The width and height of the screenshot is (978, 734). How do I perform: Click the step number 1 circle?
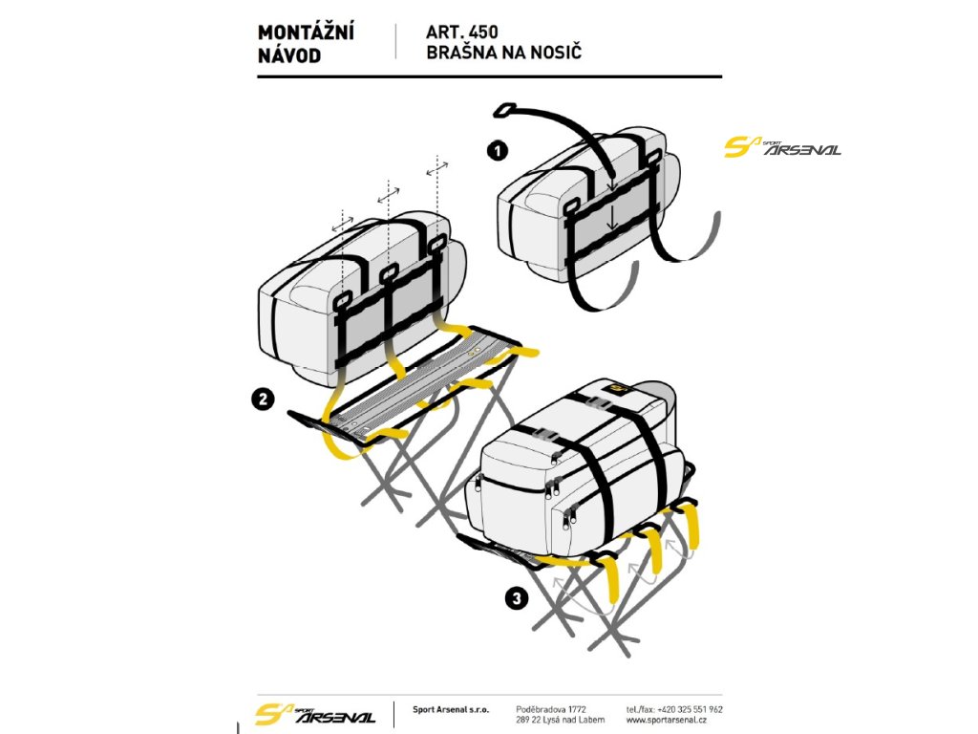[497, 150]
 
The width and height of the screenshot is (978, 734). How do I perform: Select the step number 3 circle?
[517, 599]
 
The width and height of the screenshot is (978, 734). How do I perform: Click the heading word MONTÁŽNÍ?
[306, 33]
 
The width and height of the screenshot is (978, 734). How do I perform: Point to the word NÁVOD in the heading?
[289, 54]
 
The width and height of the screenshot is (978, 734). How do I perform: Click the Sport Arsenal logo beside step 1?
[782, 147]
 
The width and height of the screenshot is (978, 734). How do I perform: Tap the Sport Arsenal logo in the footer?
[315, 714]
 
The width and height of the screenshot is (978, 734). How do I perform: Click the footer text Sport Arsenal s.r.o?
[450, 710]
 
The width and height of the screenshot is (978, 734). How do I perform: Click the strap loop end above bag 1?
[507, 110]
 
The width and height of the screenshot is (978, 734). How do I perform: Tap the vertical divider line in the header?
[395, 43]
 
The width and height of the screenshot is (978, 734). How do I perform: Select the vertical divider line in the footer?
[393, 714]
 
